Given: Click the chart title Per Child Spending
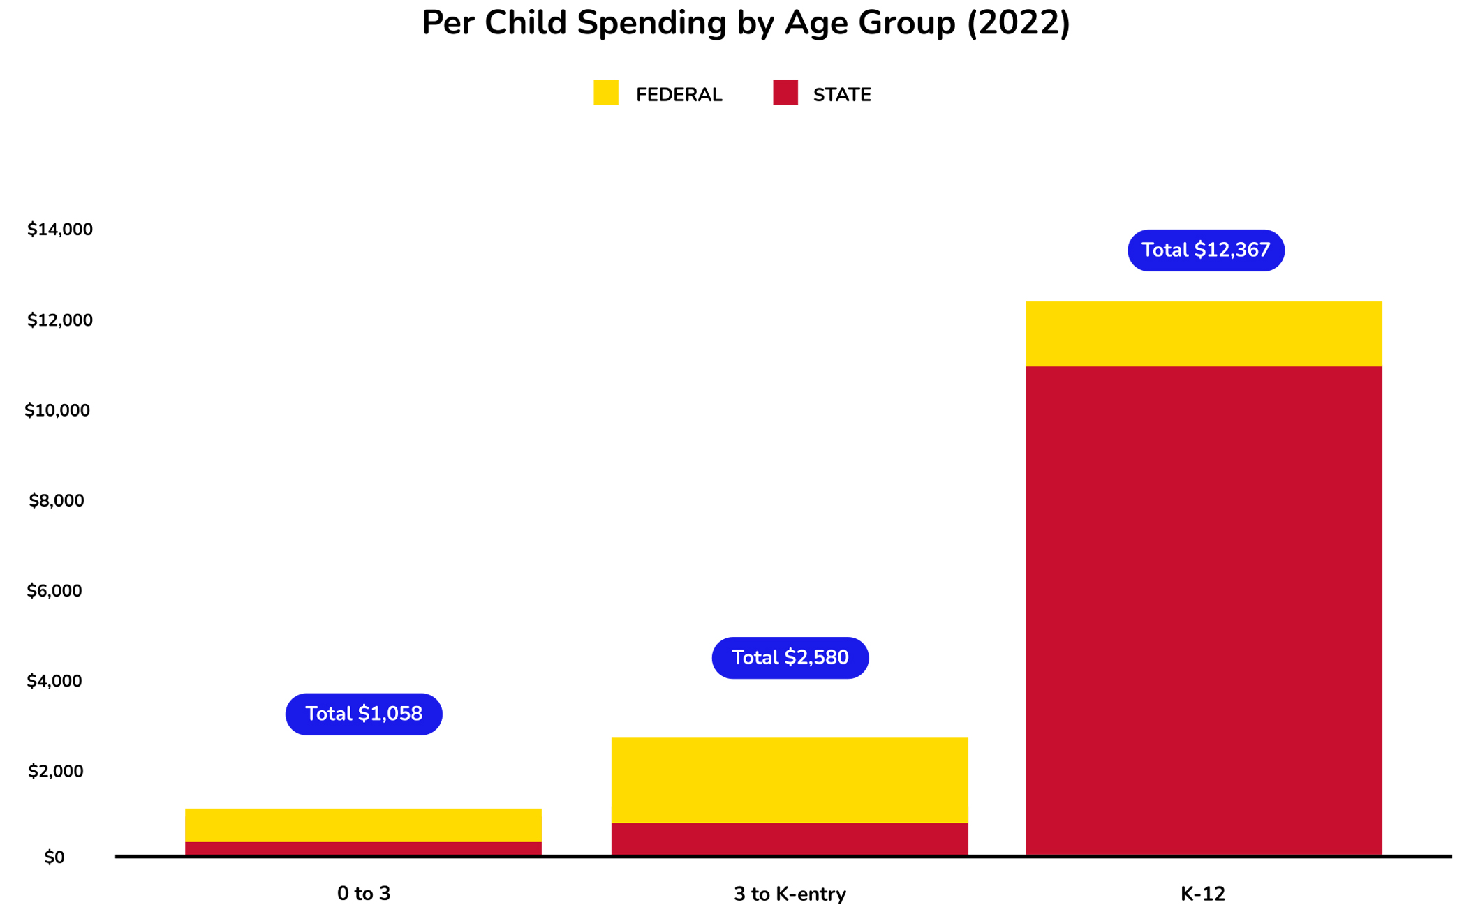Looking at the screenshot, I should (x=745, y=24).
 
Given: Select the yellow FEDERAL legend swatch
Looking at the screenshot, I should (x=605, y=93).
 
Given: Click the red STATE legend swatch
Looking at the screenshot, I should (x=785, y=93).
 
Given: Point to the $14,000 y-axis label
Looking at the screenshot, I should (x=60, y=230).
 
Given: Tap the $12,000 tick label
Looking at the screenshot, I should (x=60, y=320).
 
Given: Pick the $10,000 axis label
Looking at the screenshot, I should (x=57, y=410).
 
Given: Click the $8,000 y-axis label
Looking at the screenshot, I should (x=57, y=500).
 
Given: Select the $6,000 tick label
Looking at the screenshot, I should (x=54, y=591).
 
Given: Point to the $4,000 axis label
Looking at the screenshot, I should (x=54, y=681).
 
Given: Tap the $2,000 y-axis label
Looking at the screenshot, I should (x=56, y=771).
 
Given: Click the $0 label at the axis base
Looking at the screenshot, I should (x=54, y=857).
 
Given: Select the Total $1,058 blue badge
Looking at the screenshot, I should (x=364, y=714).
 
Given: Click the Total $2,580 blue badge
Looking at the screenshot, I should (x=790, y=657).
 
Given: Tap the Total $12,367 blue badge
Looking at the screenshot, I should (x=1205, y=250).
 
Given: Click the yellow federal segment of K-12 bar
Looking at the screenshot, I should (x=1203, y=334).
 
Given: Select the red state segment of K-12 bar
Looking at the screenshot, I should (x=1203, y=610).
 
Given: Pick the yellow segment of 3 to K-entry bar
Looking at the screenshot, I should (x=789, y=779).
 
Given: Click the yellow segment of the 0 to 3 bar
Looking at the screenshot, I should (x=363, y=825).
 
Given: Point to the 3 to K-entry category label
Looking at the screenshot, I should (x=789, y=894).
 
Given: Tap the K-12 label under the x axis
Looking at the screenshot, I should (x=1202, y=894).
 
